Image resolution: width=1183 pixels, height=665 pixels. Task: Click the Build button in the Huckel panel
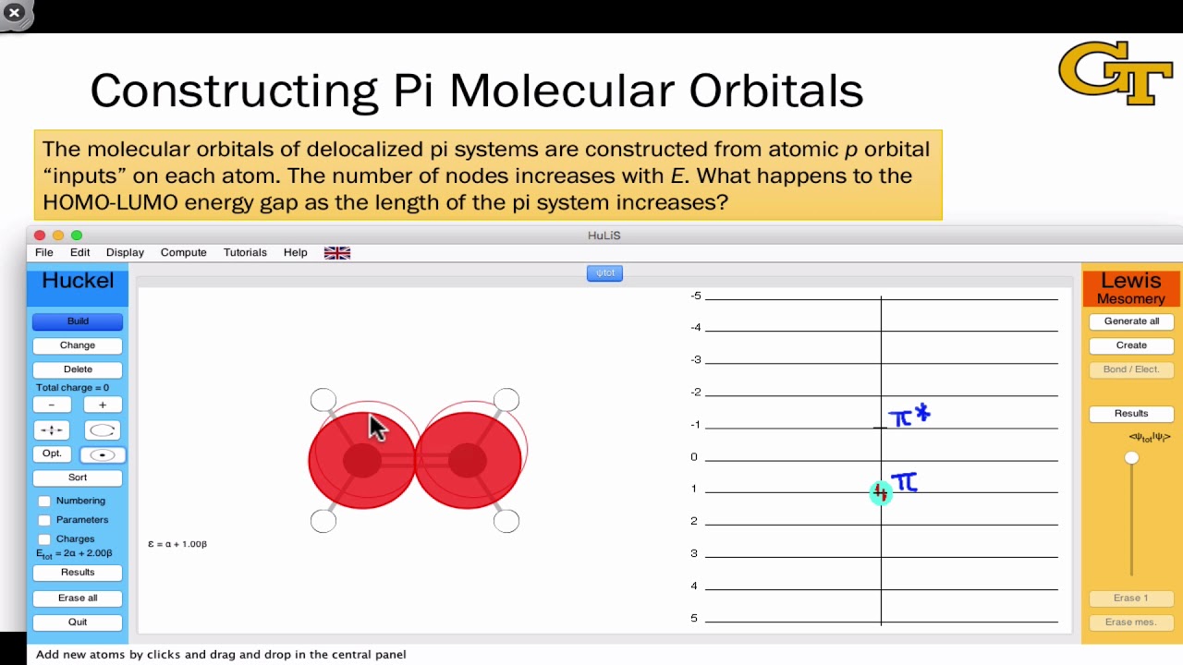coord(78,321)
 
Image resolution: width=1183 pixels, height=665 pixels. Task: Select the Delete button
coord(78,369)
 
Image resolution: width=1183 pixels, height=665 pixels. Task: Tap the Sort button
coord(78,478)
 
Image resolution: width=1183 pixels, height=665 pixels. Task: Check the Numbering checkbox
coord(44,501)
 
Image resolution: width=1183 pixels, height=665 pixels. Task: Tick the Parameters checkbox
coord(44,520)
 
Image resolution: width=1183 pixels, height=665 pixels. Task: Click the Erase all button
coord(78,598)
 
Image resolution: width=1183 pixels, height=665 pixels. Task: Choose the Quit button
coord(78,622)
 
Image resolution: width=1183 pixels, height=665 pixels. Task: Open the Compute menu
coord(183,252)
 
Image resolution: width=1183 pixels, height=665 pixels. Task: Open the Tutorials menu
coord(245,252)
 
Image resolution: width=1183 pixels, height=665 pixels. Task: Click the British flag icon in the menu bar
coord(337,253)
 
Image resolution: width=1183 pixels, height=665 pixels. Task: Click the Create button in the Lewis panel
coord(1131,345)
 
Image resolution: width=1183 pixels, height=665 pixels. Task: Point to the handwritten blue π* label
coord(909,417)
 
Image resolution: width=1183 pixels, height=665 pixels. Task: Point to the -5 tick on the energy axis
coord(696,296)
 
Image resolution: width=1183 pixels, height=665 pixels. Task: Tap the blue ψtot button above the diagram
coord(604,273)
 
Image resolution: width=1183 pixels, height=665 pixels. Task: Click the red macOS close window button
coord(40,236)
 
